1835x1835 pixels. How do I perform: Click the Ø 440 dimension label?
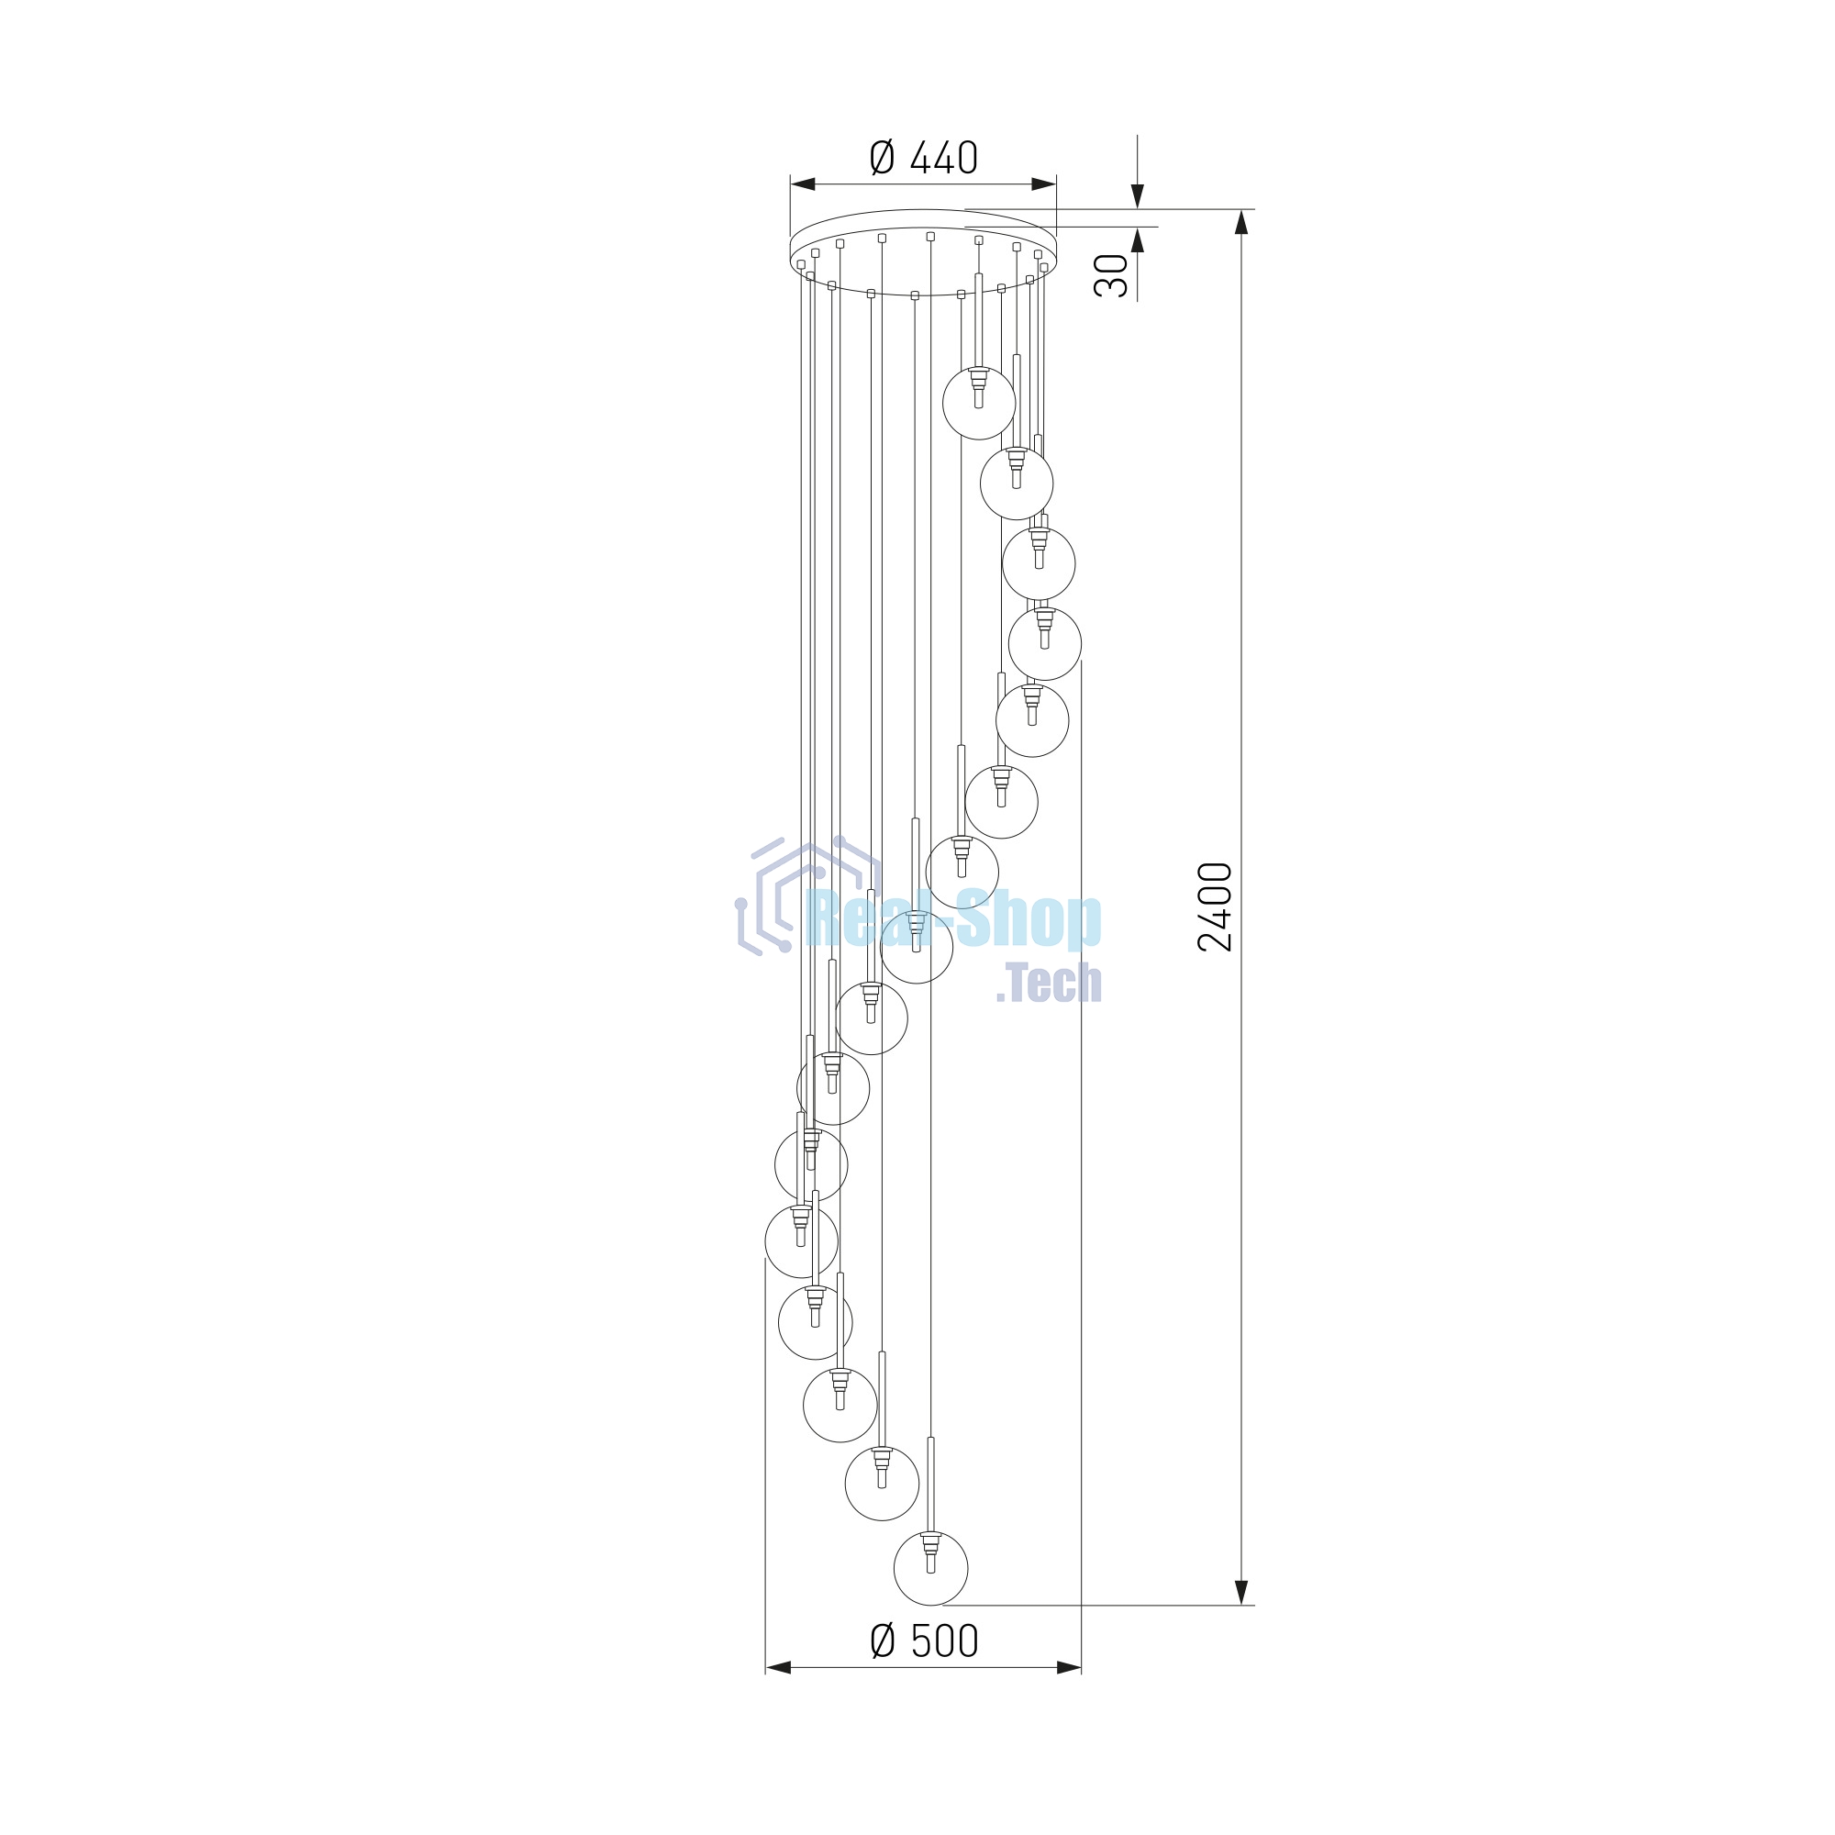pyautogui.click(x=923, y=158)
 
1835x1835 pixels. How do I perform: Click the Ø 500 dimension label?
pyautogui.click(x=924, y=1640)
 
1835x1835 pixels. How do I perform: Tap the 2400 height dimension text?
pyautogui.click(x=1215, y=906)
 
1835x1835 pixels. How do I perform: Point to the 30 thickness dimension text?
pyautogui.click(x=1111, y=275)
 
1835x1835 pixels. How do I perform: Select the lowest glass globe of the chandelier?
pyautogui.click(x=930, y=1569)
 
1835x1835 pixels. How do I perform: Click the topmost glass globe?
pyautogui.click(x=979, y=404)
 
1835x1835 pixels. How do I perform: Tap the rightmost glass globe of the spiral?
pyautogui.click(x=1045, y=644)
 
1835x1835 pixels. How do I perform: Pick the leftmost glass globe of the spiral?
pyautogui.click(x=802, y=1241)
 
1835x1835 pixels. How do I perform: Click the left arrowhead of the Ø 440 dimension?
pyautogui.click(x=803, y=184)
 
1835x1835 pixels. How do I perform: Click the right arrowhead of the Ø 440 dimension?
pyautogui.click(x=1044, y=184)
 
